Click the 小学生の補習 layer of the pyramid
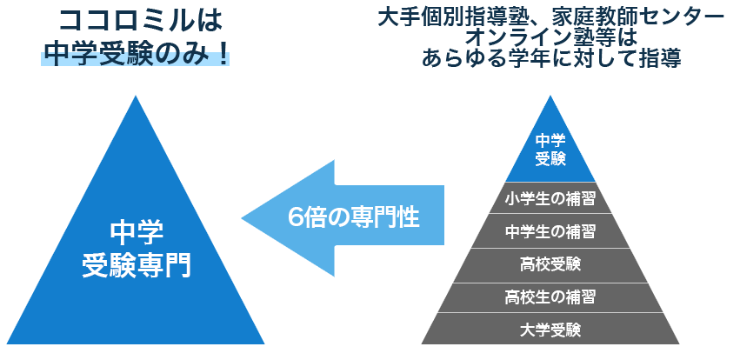pyautogui.click(x=550, y=199)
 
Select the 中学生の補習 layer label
pyautogui.click(x=550, y=232)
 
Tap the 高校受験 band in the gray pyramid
pyautogui.click(x=550, y=264)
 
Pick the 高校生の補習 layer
pyautogui.click(x=550, y=297)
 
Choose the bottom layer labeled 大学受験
pyautogui.click(x=550, y=330)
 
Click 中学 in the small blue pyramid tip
pyautogui.click(x=550, y=140)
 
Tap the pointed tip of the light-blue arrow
pyautogui.click(x=244, y=217)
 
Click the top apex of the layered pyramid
pyautogui.click(x=550, y=97)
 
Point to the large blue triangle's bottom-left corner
pyautogui.click(x=9, y=343)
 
